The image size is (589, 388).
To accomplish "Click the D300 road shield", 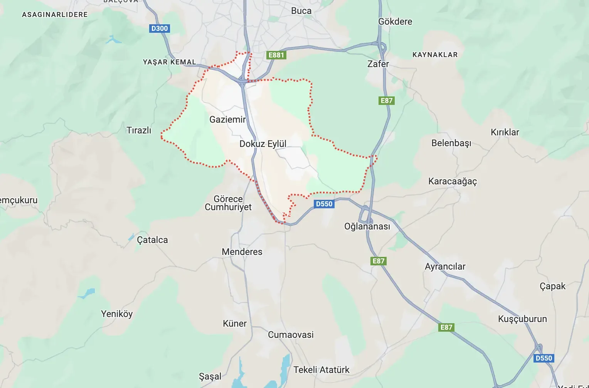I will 160,29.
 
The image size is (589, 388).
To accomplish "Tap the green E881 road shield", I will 276,55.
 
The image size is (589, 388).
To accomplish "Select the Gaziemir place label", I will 227,120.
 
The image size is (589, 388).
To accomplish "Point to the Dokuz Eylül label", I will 263,144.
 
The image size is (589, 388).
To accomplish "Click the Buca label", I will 301,11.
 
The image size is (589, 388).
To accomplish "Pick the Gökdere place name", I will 395,22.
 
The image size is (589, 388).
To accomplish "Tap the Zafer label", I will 378,64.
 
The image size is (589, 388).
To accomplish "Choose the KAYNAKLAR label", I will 435,55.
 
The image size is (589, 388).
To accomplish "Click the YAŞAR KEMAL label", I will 169,62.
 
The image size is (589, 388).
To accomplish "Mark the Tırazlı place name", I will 139,130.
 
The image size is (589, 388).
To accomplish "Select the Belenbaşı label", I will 451,143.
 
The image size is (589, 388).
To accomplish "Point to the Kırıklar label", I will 505,132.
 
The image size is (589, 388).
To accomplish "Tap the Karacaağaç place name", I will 453,181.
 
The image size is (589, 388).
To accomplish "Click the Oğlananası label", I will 367,226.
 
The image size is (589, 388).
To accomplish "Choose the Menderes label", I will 242,252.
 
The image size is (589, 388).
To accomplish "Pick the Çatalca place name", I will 152,240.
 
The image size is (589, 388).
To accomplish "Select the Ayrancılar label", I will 445,267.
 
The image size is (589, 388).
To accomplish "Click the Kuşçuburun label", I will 522,319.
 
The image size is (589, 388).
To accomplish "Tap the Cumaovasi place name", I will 291,335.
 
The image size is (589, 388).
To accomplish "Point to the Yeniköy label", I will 117,314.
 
